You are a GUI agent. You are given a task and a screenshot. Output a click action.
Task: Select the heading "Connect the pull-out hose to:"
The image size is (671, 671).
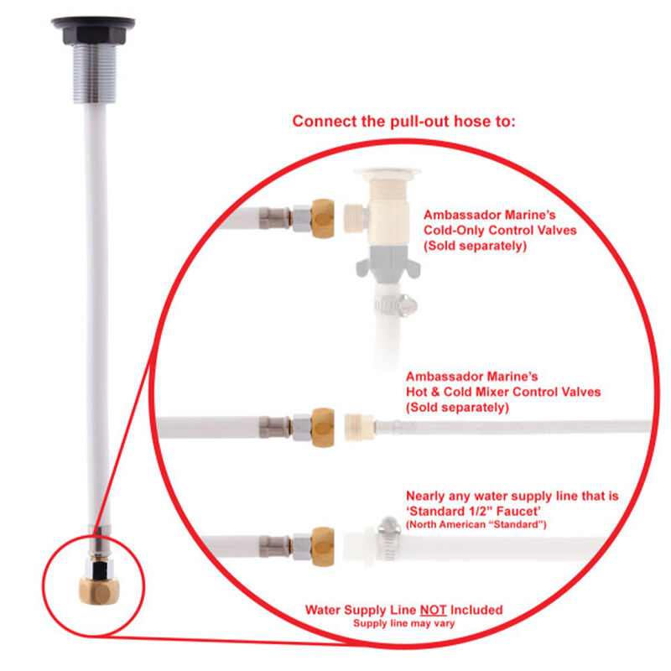coord(403,121)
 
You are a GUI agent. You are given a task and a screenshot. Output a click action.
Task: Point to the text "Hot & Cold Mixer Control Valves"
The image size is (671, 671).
coord(502,392)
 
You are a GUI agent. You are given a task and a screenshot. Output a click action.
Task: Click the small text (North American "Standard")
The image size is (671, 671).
coord(476,524)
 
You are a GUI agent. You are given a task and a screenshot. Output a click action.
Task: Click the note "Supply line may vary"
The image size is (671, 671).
coord(403,623)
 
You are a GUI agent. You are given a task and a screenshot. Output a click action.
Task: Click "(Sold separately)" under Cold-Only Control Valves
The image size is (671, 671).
coord(474,246)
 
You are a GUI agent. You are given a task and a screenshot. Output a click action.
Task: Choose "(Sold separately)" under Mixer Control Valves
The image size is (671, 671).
coord(457,408)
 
